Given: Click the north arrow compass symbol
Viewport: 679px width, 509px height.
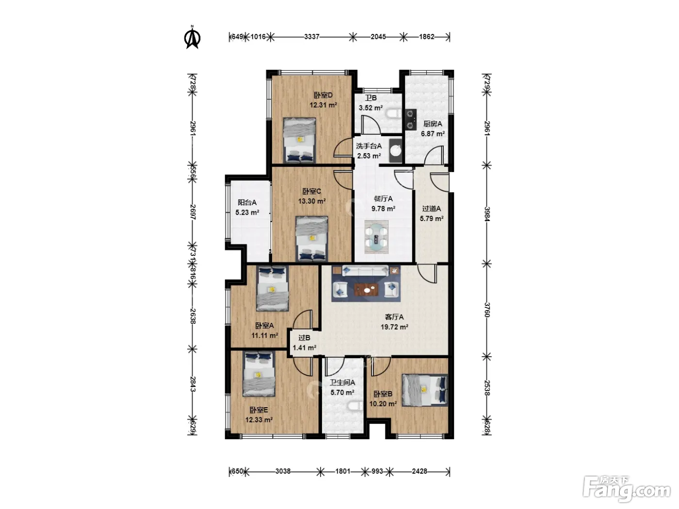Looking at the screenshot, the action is [192, 37].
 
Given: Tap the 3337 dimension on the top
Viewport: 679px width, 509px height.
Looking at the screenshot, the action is [311, 37].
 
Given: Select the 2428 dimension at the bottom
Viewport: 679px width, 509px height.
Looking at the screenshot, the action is [420, 471].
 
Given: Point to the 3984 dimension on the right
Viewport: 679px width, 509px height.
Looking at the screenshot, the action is [487, 214].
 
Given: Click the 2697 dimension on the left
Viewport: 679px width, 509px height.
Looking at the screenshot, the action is [193, 212].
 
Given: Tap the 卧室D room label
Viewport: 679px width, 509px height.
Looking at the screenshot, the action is [323, 95].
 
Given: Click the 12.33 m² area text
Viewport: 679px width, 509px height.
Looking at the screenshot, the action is [259, 420].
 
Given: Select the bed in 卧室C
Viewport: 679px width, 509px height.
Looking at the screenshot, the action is [312, 239].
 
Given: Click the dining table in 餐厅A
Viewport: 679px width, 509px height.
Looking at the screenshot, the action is [376, 237].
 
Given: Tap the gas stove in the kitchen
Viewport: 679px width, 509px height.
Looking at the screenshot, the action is [411, 119].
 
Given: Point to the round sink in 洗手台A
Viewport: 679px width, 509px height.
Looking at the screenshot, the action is [395, 150].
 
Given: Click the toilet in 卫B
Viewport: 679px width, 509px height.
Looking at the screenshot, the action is [393, 113].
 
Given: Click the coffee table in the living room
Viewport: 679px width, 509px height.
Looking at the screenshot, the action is [367, 290].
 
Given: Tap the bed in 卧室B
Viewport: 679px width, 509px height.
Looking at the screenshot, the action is [425, 390].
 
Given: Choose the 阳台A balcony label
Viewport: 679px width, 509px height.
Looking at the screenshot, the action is [247, 203].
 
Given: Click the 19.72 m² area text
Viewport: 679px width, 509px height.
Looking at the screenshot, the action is [394, 327].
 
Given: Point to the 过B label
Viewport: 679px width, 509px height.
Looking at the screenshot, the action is [304, 338].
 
